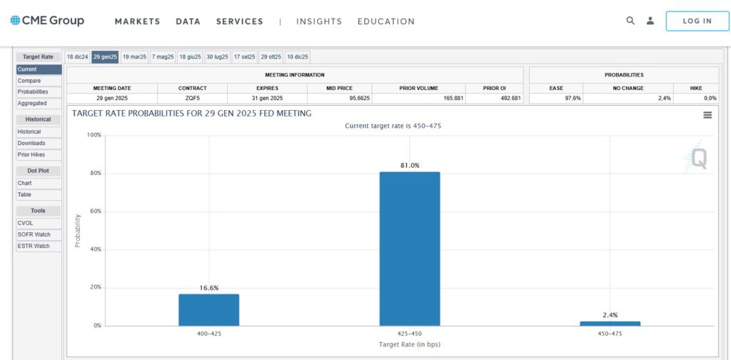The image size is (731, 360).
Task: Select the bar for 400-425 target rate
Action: [x=208, y=310]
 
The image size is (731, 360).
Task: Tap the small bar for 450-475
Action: [x=610, y=324]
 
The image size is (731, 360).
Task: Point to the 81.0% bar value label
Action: [x=410, y=166]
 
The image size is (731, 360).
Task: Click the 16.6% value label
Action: [x=208, y=288]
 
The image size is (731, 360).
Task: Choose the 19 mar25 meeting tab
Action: [x=134, y=56]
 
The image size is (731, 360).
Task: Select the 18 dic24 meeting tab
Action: [x=77, y=56]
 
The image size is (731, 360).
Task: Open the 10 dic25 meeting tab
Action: [x=297, y=56]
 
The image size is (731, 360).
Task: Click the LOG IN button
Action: [x=697, y=21]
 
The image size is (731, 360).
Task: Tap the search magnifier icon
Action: [x=630, y=21]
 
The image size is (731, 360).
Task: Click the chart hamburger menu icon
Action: [x=707, y=115]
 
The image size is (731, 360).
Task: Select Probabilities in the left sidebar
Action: [x=33, y=92]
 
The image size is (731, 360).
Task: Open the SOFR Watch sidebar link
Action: [x=34, y=234]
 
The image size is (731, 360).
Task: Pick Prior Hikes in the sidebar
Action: [x=31, y=155]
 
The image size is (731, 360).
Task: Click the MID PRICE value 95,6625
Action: [x=338, y=98]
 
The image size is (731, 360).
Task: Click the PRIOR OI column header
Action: [x=494, y=88]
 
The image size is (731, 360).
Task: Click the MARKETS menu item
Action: [x=137, y=21]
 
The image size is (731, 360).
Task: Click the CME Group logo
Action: [x=47, y=21]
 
